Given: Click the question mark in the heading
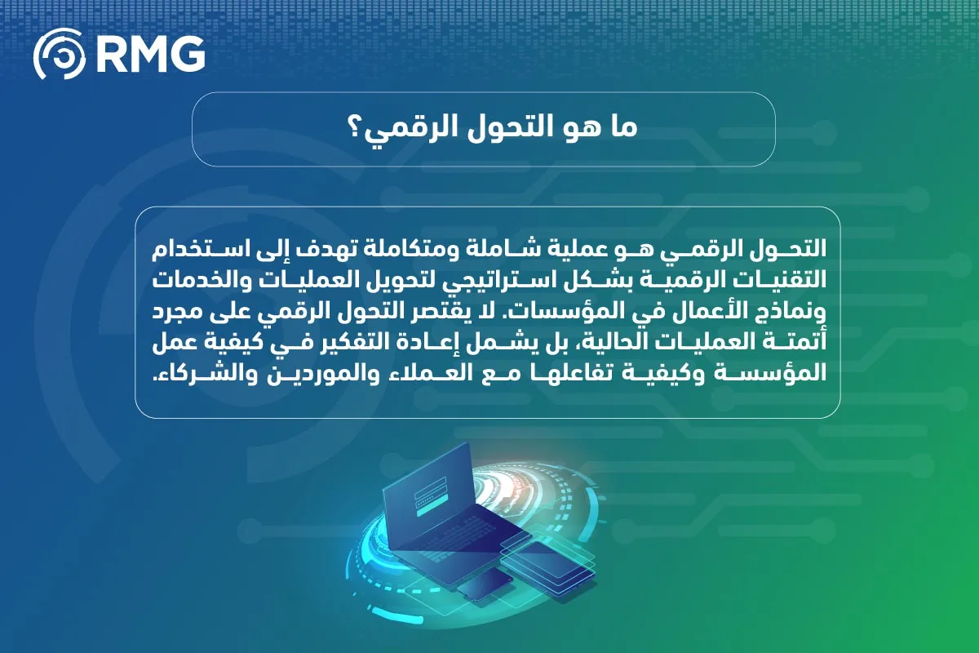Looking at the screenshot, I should coord(356,131).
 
